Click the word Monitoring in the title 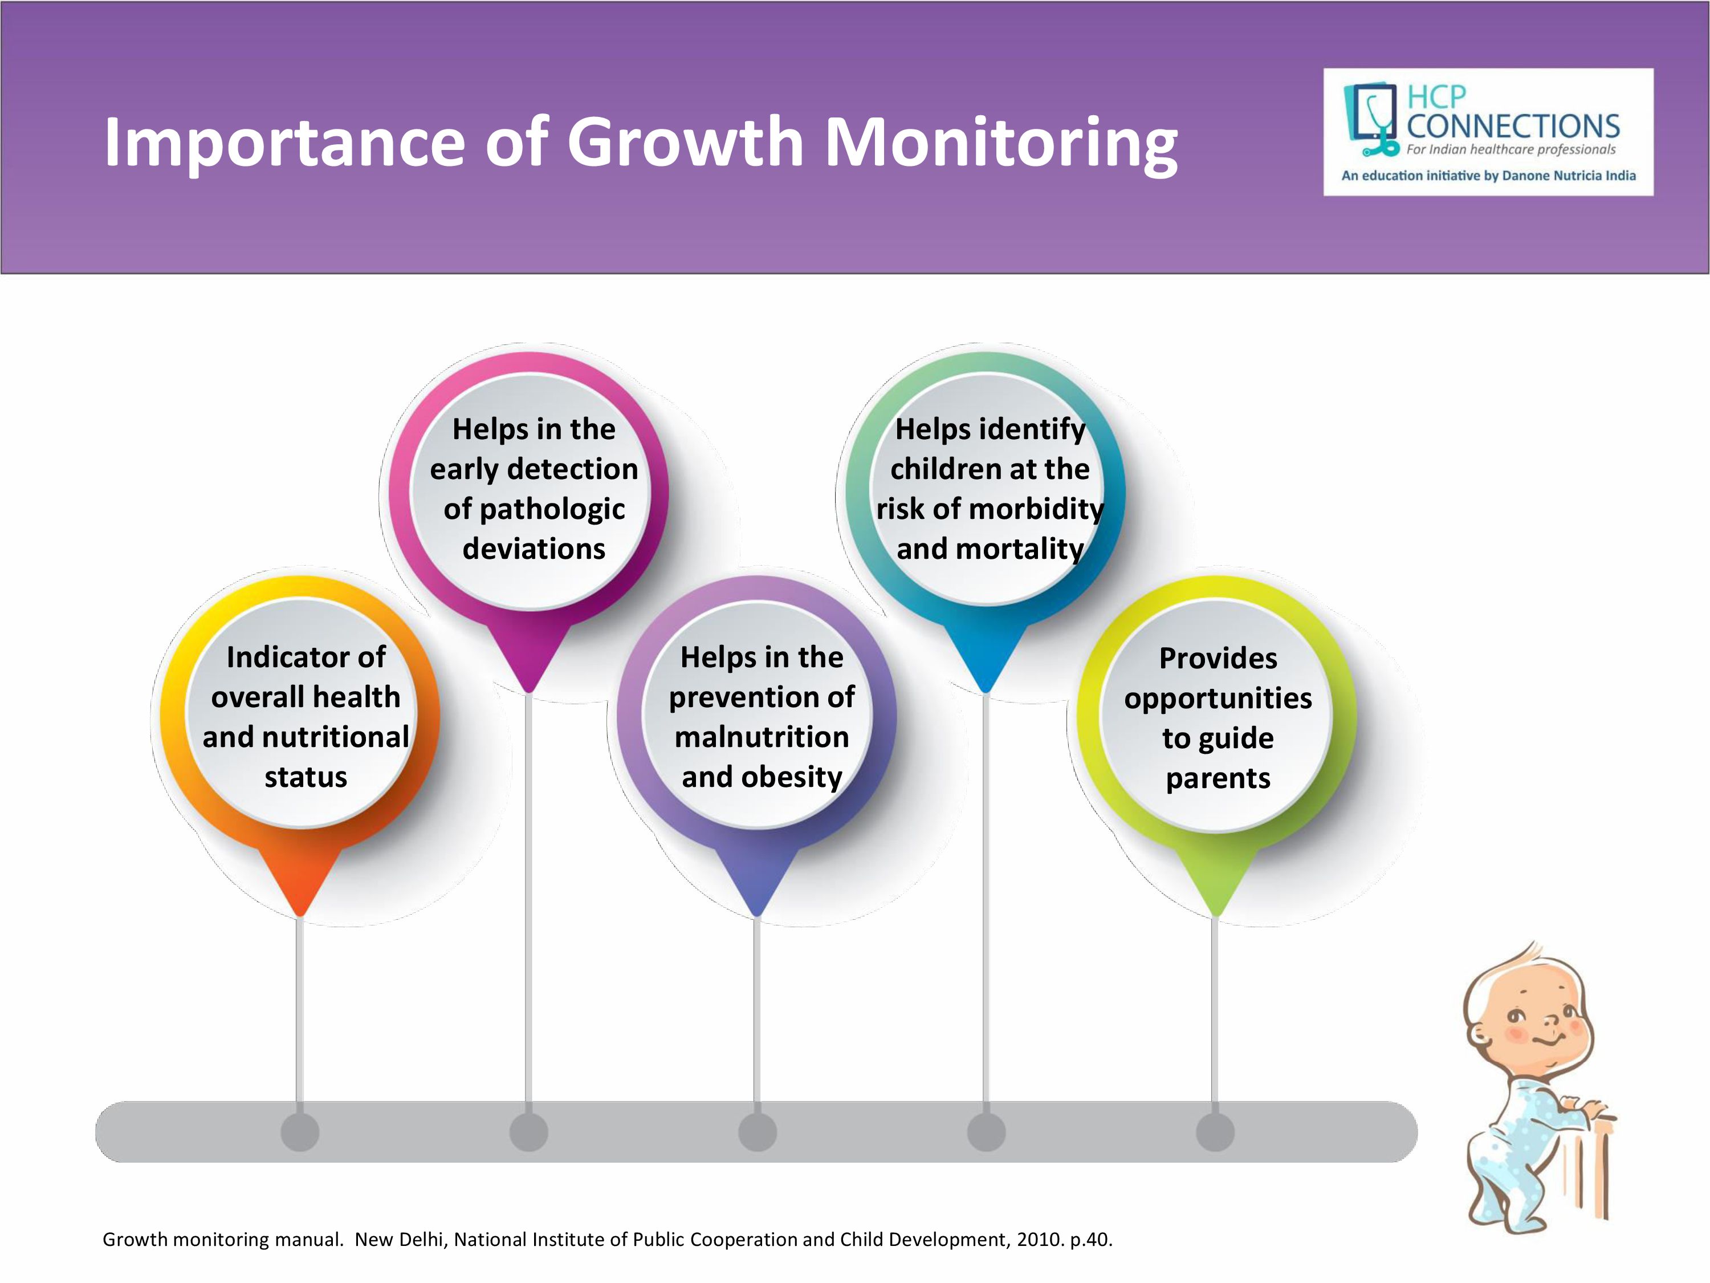pos(1002,144)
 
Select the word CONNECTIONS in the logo pos(1513,126)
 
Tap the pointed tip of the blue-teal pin pos(986,691)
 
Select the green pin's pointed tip pos(1215,916)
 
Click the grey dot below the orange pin pos(300,1132)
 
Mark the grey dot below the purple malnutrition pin pos(758,1132)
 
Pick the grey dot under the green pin pos(1215,1132)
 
